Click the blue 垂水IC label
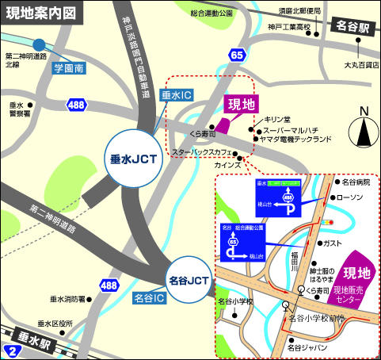click(177, 94)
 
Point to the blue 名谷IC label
click(148, 298)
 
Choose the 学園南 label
click(69, 69)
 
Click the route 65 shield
click(238, 55)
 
